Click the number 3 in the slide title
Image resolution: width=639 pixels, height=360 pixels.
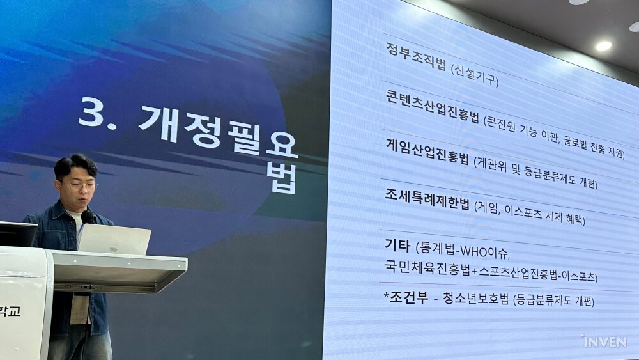tap(91, 111)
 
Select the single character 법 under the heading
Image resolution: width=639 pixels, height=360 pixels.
tap(282, 178)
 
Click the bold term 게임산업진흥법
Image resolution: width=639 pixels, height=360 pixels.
tap(427, 151)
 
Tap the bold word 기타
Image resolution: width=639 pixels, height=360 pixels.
tap(397, 245)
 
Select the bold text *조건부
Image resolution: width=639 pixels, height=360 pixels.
tap(406, 297)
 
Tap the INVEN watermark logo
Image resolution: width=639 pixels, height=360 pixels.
tap(604, 341)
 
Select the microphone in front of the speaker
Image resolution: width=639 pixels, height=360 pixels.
tap(87, 217)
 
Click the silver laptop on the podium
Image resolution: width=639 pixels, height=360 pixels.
tap(114, 239)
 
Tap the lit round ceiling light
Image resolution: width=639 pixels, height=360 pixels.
tap(604, 45)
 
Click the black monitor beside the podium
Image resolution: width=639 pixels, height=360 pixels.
tap(18, 234)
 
